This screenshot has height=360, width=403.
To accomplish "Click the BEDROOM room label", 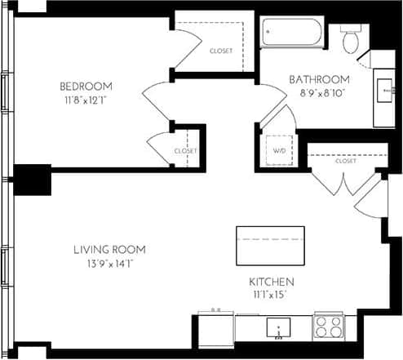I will tap(86, 86).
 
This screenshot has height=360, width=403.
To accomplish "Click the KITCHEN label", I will tap(272, 282).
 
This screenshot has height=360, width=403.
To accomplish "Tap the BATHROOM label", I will tap(320, 79).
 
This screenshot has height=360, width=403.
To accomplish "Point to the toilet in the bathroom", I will tap(353, 39).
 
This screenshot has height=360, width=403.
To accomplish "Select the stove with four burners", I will tap(330, 327).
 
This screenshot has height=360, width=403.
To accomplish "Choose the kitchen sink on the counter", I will tap(279, 328).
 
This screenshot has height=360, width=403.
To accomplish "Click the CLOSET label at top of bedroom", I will tap(221, 51).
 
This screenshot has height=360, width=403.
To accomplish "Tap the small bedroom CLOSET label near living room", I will tap(186, 151).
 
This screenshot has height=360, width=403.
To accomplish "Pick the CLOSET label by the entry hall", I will tap(346, 161).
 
